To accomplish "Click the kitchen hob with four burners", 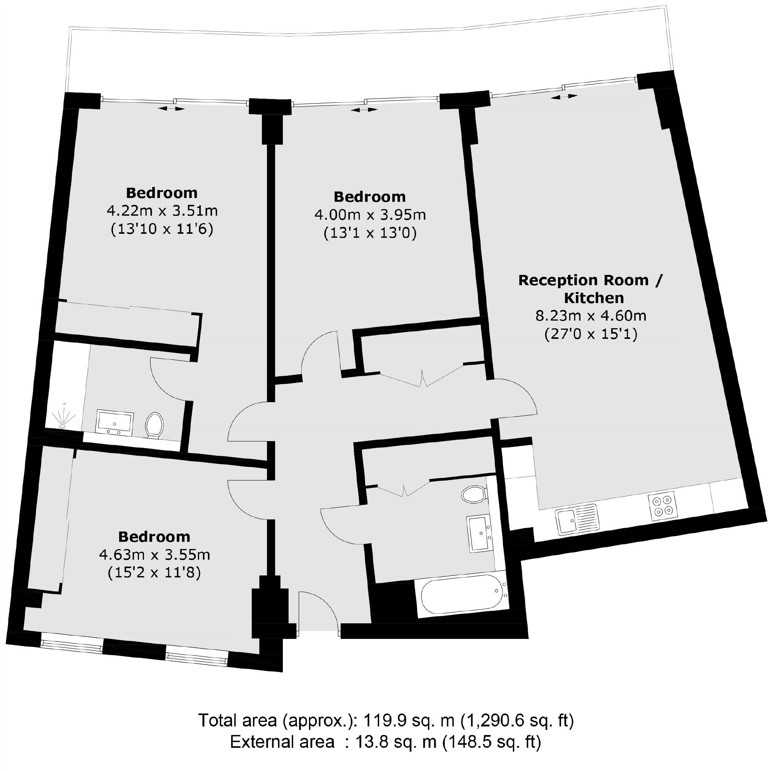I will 662,506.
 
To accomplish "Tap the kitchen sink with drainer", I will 578,520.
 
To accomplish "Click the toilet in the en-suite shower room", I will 154,425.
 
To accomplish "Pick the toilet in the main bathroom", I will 473,495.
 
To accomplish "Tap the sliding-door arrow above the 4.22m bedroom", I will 172,109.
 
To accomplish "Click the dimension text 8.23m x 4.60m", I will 590,316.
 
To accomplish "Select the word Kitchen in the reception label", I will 594,298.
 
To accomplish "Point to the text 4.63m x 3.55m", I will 155,555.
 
